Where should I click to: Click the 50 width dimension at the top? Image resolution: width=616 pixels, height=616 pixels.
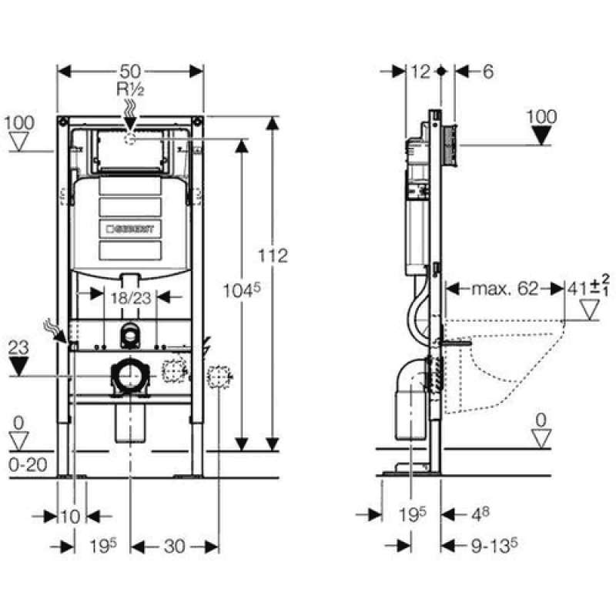tap(130, 72)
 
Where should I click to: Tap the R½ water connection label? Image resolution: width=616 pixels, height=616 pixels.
tap(130, 89)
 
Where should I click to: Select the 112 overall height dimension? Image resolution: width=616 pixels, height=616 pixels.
tap(273, 256)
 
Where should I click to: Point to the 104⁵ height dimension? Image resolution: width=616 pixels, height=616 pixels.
tap(242, 291)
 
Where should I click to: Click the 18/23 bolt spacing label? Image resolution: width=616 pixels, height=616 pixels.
tap(130, 298)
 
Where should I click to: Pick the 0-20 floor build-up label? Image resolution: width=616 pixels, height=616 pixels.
tap(28, 465)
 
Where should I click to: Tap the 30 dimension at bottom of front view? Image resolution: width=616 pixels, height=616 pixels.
tap(175, 546)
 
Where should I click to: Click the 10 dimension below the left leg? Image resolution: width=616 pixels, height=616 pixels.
tap(71, 517)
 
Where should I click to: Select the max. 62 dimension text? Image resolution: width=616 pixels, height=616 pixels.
tap(504, 289)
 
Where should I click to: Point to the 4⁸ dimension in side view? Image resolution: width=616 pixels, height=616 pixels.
tap(480, 514)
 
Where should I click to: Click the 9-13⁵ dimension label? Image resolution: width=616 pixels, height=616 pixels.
tap(494, 545)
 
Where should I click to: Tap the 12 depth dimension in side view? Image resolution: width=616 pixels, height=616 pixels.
tap(420, 72)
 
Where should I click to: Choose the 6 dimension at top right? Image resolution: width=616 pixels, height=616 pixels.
tap(487, 72)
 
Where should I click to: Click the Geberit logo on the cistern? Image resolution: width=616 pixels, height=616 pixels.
tap(130, 229)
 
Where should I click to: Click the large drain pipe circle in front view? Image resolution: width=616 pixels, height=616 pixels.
tap(130, 376)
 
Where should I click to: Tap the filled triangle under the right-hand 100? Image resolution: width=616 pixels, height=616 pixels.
tap(541, 136)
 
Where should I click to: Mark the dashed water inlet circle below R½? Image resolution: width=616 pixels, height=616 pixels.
tap(130, 139)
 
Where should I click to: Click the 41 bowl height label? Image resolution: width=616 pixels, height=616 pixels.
tap(588, 289)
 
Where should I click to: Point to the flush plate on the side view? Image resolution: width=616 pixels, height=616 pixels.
tap(450, 145)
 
